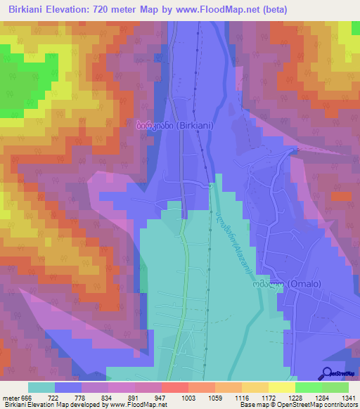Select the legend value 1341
348,397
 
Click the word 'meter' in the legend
11,397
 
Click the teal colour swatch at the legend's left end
41,387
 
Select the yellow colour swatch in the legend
282,387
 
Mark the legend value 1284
307,397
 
